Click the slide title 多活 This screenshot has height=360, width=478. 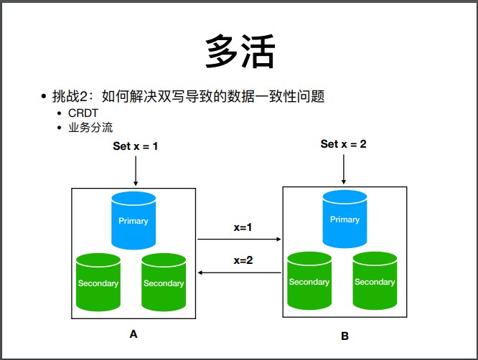point(240,52)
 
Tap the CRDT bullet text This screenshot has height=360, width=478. point(83,113)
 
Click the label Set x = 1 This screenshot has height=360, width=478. point(136,146)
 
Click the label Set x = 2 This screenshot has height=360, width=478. point(343,144)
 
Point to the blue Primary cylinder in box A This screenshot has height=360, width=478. point(133,219)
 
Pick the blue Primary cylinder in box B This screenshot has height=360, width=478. point(345,218)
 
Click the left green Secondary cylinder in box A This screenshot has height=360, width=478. point(98,282)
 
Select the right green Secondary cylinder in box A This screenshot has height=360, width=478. point(164,282)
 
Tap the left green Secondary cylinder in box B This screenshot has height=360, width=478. point(309,280)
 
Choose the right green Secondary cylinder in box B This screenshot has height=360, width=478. point(375,280)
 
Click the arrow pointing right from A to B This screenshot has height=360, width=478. point(240,239)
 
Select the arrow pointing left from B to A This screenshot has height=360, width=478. point(240,273)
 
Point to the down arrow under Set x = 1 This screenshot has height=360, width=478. point(136,170)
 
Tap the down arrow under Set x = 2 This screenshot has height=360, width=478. point(344,169)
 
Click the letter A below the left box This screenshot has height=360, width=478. point(133,334)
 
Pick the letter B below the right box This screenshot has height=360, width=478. point(345,336)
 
